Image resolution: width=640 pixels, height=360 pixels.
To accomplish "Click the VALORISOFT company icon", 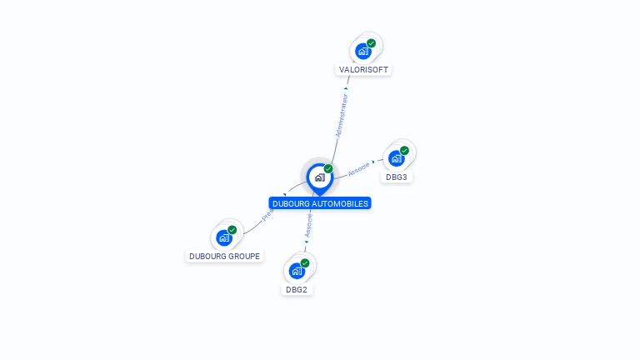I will [363, 52].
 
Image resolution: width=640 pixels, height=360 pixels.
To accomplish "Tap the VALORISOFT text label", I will [364, 70].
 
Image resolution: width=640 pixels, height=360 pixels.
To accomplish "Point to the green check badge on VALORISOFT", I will [371, 43].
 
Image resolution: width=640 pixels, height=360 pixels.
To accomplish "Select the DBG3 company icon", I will [397, 158].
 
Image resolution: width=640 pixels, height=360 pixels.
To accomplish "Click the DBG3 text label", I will [397, 177].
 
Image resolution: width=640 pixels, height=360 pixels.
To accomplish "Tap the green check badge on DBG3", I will [404, 151].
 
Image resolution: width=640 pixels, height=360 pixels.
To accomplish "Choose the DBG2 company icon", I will [297, 271].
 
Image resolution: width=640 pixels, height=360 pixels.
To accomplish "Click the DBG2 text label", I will [297, 290].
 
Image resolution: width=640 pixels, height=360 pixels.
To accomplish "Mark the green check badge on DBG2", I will [305, 263].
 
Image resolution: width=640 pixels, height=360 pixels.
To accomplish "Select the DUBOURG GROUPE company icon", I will [224, 237].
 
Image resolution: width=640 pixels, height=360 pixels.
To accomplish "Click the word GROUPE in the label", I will [244, 256].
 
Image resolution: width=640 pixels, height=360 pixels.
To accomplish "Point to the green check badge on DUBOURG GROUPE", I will [232, 230].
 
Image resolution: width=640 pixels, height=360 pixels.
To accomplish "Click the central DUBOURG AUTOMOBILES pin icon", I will [319, 177].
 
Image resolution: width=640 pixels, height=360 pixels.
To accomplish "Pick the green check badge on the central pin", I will [328, 168].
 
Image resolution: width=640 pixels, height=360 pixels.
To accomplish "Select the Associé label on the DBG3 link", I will [358, 167].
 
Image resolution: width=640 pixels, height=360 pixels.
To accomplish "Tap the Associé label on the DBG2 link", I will [309, 224].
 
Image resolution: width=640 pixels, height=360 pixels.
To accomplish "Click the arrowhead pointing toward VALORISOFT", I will [346, 87].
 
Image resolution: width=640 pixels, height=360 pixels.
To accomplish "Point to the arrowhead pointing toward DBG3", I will [374, 162].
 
